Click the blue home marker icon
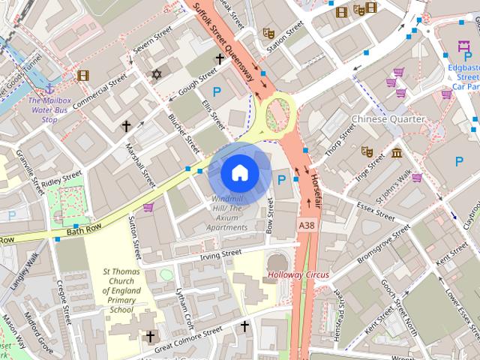239,172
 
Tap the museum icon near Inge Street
396,154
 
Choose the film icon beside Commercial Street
82,75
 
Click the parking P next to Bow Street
282,180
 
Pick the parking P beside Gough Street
217,91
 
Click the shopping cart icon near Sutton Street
148,208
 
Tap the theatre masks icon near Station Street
268,33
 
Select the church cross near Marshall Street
127,126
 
